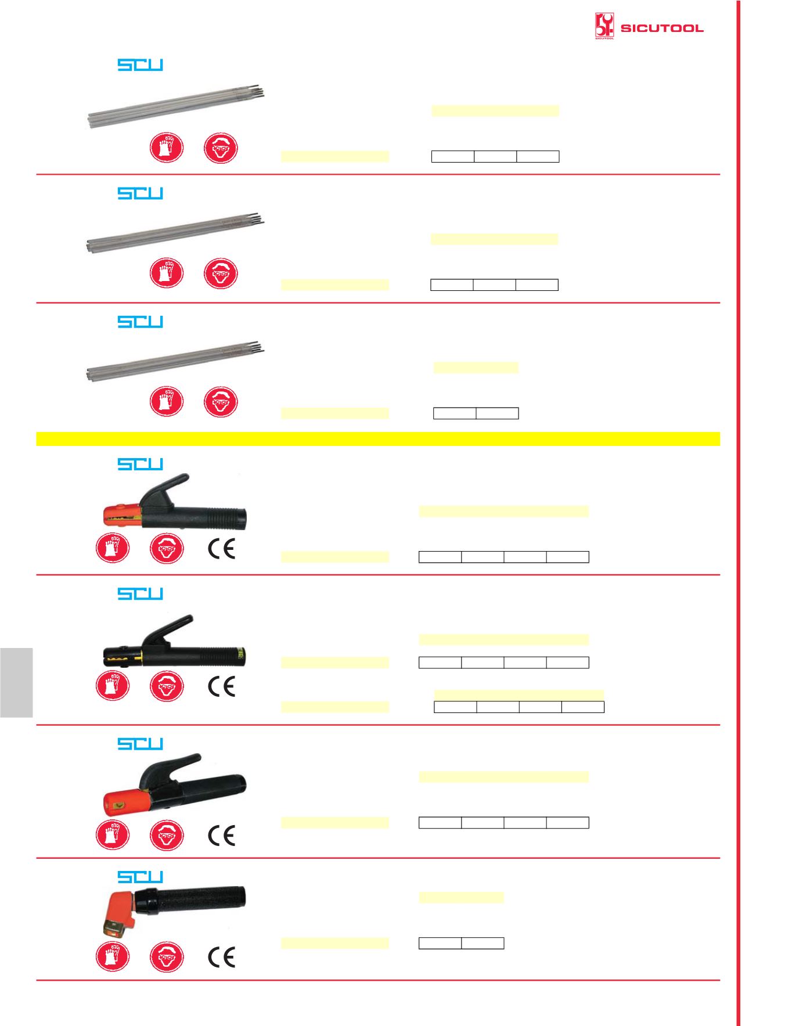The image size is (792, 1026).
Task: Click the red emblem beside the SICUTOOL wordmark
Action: point(604,27)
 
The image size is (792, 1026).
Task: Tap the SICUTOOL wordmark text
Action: point(662,28)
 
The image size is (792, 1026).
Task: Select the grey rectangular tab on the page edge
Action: point(16,682)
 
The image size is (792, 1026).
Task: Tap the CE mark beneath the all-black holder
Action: point(221,686)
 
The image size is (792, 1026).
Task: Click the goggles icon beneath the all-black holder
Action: point(167,686)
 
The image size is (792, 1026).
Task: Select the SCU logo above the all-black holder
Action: point(141,593)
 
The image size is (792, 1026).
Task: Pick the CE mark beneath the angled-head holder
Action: point(221,957)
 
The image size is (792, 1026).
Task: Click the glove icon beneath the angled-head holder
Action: point(113,957)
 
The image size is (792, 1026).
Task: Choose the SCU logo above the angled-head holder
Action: point(141,877)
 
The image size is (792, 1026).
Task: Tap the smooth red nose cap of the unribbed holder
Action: point(123,802)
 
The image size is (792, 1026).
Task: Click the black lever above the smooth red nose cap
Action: point(171,769)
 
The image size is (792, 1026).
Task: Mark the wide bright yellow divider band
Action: point(378,438)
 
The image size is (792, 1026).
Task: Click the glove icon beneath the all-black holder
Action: point(113,686)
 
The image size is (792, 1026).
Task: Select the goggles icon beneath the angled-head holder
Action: point(167,957)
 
